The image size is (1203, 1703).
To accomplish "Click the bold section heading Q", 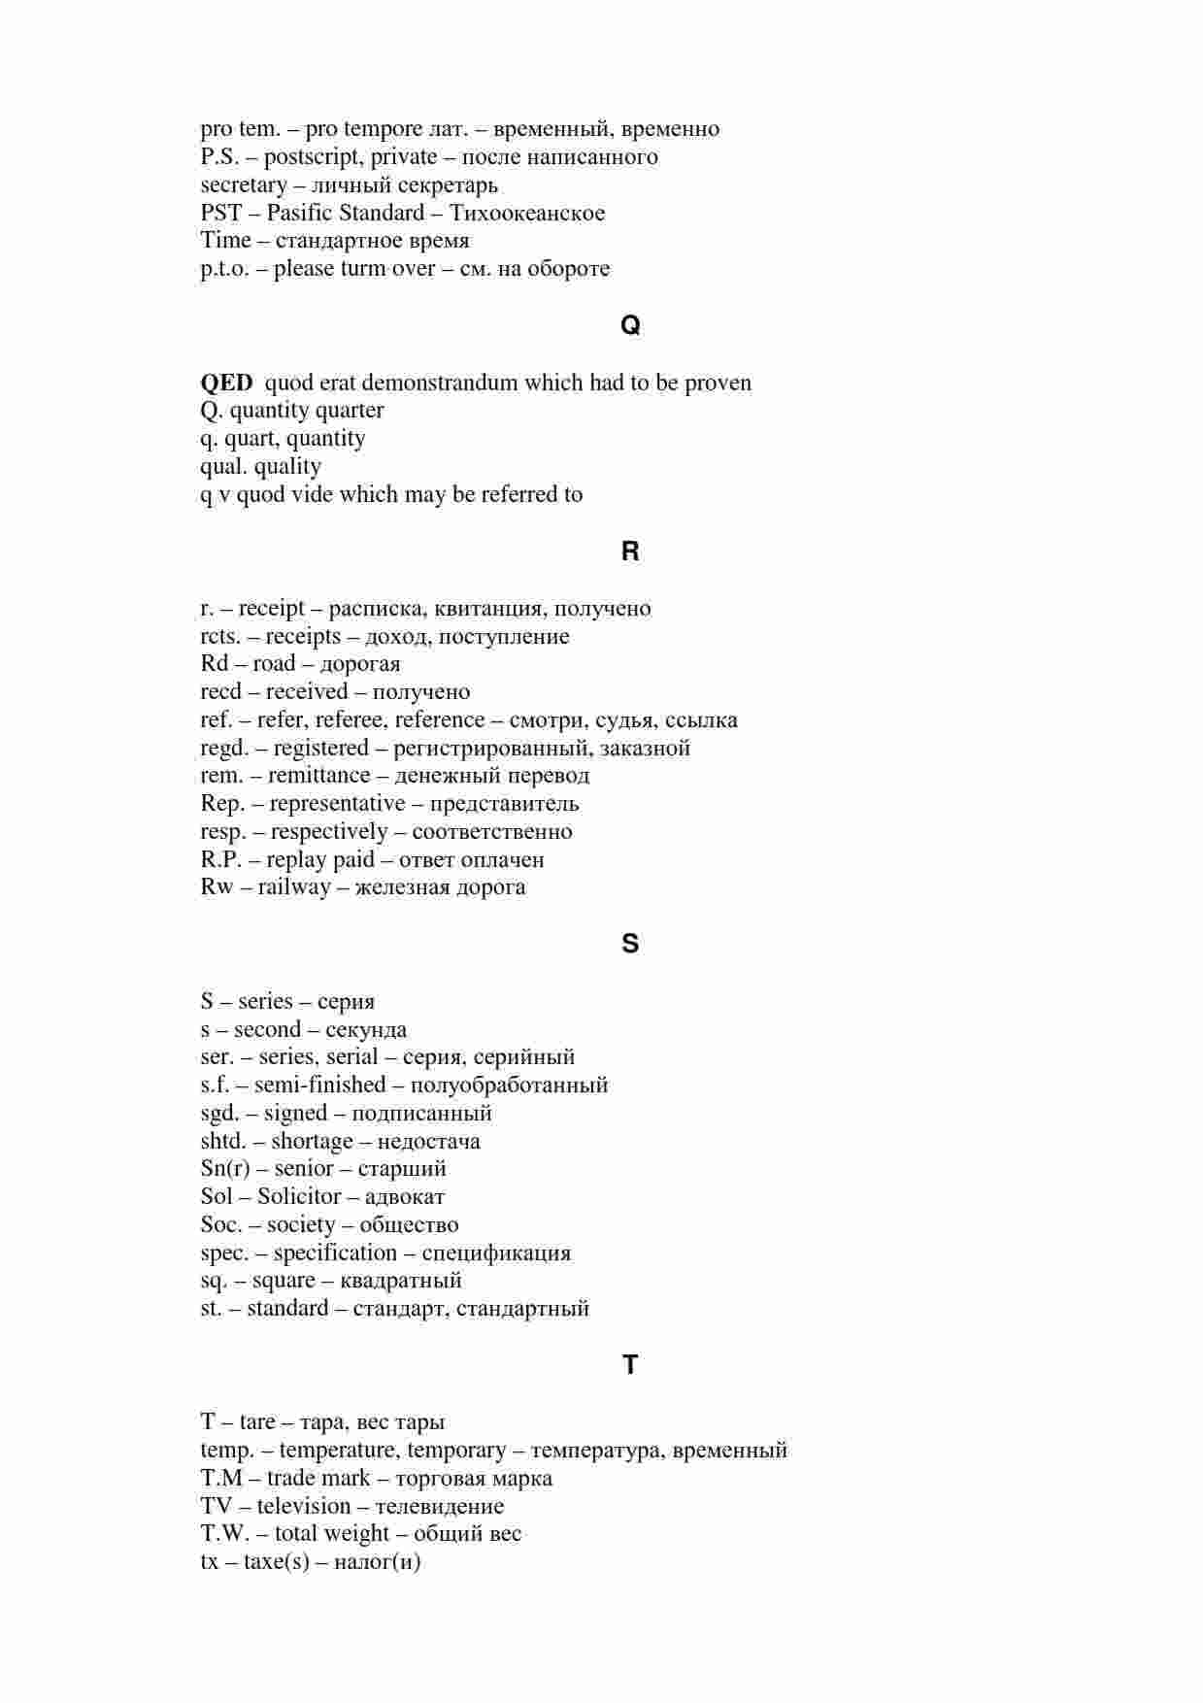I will pyautogui.click(x=630, y=326).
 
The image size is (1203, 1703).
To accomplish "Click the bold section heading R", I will pyautogui.click(x=630, y=551).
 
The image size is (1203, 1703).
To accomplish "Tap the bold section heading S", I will pyautogui.click(x=630, y=944).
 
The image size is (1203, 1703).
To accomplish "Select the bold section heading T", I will pyautogui.click(x=630, y=1365).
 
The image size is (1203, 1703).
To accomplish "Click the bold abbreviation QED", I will pyautogui.click(x=226, y=383).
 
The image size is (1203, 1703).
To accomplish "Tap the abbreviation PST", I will pyautogui.click(x=221, y=214).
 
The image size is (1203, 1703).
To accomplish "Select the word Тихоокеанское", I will pyautogui.click(x=527, y=214).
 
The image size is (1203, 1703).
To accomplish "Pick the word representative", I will pyautogui.click(x=337, y=804).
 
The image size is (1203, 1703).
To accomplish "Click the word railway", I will pyautogui.click(x=294, y=887).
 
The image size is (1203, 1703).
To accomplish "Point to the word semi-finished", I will pyautogui.click(x=319, y=1085).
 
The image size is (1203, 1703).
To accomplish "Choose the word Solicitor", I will pyautogui.click(x=299, y=1197).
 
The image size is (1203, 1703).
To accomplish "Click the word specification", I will pyautogui.click(x=335, y=1253).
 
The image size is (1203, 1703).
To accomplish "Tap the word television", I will pyautogui.click(x=304, y=1507).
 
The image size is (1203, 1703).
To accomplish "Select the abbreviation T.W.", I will pyautogui.click(x=225, y=1534).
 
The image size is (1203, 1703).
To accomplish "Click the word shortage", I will pyautogui.click(x=312, y=1142).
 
